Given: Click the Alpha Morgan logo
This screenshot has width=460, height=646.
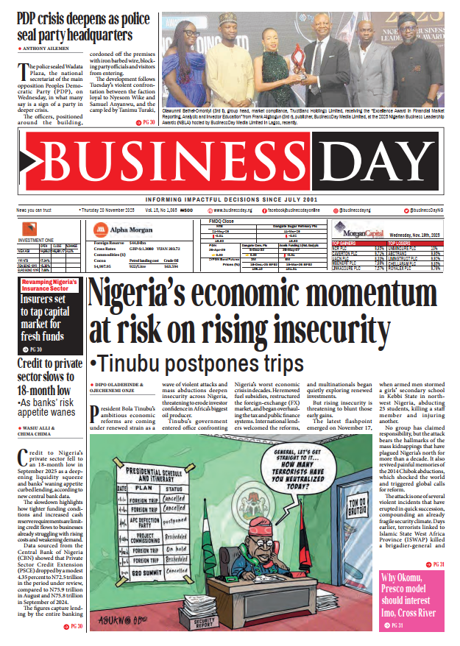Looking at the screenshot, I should click(x=121, y=228).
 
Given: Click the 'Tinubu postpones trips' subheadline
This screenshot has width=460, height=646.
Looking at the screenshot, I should click(x=197, y=364).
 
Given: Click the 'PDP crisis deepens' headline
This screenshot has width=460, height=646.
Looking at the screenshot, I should click(x=75, y=26).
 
